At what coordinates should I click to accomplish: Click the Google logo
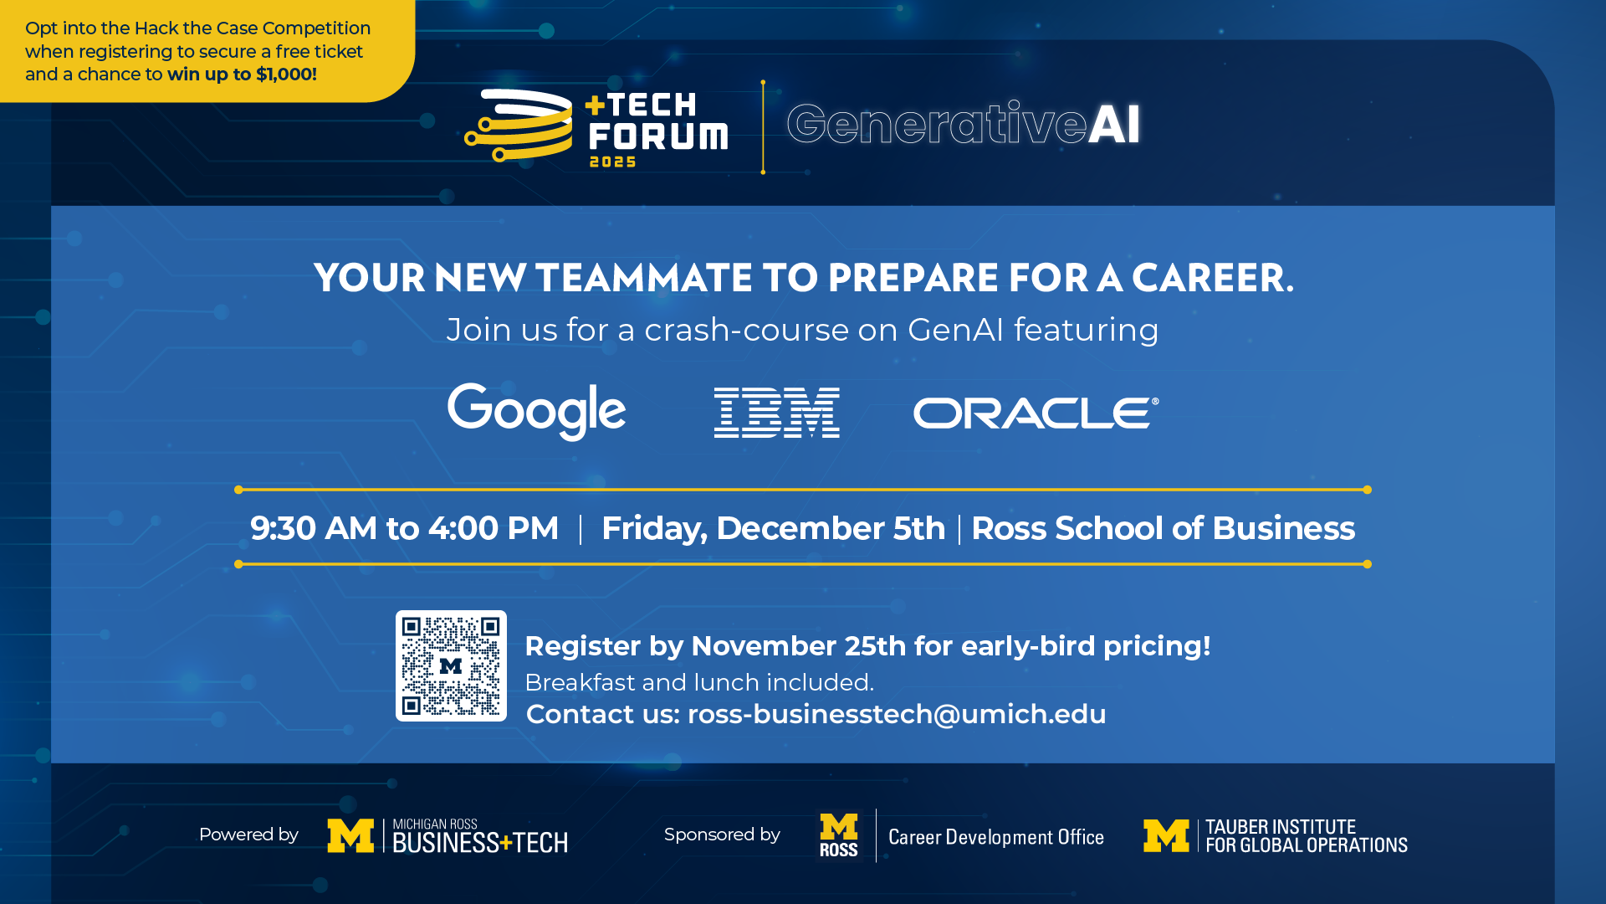click(x=536, y=411)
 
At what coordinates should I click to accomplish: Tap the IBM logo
click(x=776, y=413)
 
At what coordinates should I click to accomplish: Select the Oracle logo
click(x=1036, y=413)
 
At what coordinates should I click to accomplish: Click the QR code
click(x=451, y=665)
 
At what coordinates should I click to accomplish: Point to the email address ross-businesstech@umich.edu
click(x=897, y=714)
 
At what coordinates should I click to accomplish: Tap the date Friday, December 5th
click(x=773, y=529)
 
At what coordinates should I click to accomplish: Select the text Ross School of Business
click(x=1163, y=528)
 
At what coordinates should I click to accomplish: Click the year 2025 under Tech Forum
click(x=613, y=162)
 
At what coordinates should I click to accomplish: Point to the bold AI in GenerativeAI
click(x=1114, y=124)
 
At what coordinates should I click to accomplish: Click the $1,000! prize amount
click(x=286, y=74)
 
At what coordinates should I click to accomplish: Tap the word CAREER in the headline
click(x=1212, y=278)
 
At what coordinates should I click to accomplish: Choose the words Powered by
click(x=248, y=835)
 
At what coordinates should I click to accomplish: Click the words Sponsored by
click(x=722, y=835)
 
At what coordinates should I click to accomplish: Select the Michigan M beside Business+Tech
click(x=350, y=835)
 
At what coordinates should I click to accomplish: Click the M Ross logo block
click(x=839, y=835)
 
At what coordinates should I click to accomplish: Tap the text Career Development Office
click(x=996, y=837)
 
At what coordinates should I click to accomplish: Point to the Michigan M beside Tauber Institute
click(x=1167, y=835)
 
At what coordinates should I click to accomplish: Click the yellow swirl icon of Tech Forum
click(x=519, y=126)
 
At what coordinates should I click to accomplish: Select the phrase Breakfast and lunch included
click(x=699, y=682)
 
